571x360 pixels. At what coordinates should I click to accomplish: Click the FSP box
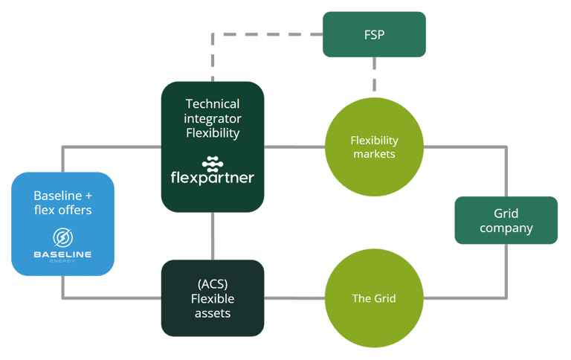click(x=374, y=34)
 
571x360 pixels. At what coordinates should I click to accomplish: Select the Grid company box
click(x=506, y=220)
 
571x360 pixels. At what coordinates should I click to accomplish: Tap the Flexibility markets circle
click(x=374, y=147)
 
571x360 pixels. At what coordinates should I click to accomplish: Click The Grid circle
click(x=374, y=298)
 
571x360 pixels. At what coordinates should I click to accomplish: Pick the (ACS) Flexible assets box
click(x=213, y=298)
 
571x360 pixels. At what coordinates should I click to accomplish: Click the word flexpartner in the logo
click(x=213, y=178)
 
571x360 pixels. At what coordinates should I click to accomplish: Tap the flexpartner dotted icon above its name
click(x=213, y=164)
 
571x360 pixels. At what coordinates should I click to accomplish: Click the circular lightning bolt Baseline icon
click(x=62, y=237)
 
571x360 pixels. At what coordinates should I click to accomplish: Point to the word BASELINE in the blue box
click(x=62, y=254)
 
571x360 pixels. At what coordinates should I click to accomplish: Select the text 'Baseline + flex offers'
click(x=62, y=202)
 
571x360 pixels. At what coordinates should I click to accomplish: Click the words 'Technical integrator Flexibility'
click(x=213, y=118)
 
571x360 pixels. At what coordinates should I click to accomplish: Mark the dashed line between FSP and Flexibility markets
click(x=374, y=74)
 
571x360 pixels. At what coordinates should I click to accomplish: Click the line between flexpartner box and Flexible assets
click(x=213, y=236)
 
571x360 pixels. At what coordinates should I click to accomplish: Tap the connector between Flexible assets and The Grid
click(x=294, y=298)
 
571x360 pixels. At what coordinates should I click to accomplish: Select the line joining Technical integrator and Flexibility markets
click(x=294, y=147)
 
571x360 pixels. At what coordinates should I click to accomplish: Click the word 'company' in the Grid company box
click(x=506, y=228)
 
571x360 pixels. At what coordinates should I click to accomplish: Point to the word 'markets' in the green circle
click(x=374, y=154)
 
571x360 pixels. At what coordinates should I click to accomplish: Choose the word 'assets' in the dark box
click(x=213, y=313)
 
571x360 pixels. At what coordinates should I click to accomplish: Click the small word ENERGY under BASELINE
click(x=62, y=261)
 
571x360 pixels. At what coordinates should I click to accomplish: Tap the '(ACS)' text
click(x=213, y=284)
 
